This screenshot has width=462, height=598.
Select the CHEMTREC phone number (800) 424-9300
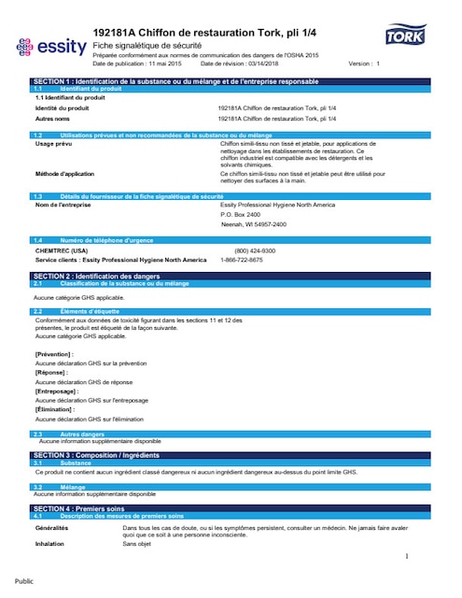tap(255, 250)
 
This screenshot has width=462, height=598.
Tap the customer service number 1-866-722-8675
tap(242, 260)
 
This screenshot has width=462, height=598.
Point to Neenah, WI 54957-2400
tap(253, 224)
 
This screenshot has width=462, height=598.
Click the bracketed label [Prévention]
tap(55, 354)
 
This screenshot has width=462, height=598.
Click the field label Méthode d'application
tap(65, 174)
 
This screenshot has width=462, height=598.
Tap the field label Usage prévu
tap(53, 144)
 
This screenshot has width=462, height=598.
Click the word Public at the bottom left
tap(25, 580)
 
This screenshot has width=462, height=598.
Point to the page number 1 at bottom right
tap(407, 557)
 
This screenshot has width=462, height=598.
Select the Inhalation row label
tap(49, 543)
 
